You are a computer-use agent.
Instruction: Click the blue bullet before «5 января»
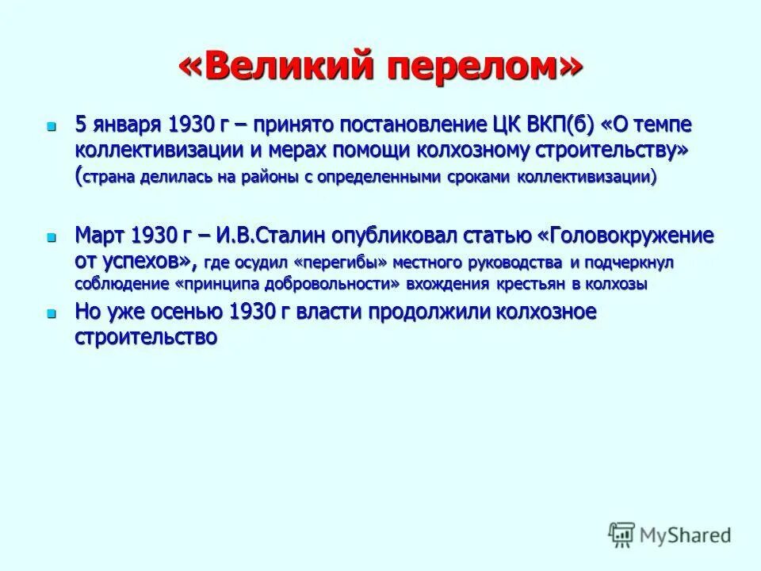click(52, 126)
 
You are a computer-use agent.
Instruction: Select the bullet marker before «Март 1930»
click(52, 237)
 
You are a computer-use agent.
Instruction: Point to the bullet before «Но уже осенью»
click(52, 313)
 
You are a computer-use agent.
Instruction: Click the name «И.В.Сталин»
click(286, 236)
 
